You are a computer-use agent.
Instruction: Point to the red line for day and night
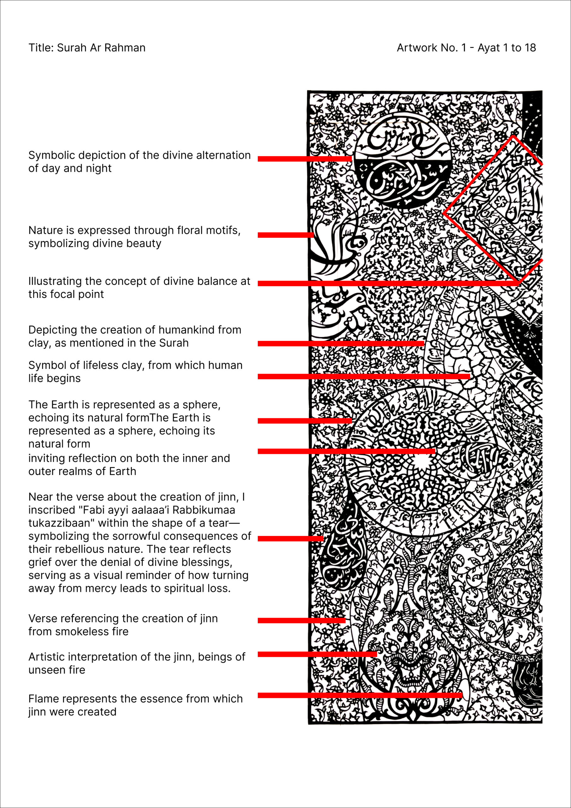coord(304,159)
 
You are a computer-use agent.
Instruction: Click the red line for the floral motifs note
coord(285,235)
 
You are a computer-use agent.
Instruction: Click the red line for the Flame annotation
coord(359,695)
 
